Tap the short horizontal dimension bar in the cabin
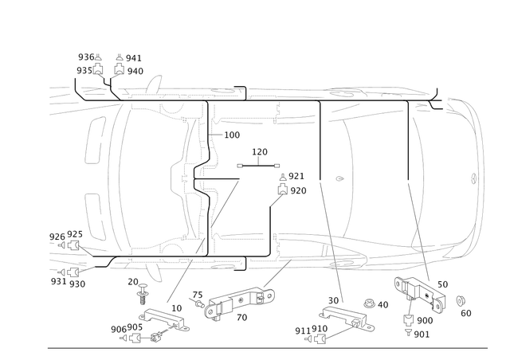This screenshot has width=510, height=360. tap(259, 165)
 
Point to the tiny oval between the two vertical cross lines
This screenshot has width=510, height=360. tap(339, 178)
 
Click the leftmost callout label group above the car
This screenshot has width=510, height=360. tap(91, 64)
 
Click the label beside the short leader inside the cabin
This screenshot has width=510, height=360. tap(233, 136)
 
